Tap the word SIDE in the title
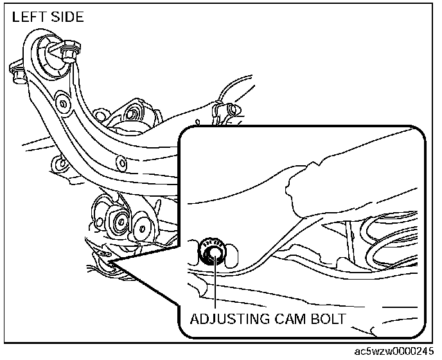coord(67,17)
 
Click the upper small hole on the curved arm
coord(62,102)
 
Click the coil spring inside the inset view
coord(385,238)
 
